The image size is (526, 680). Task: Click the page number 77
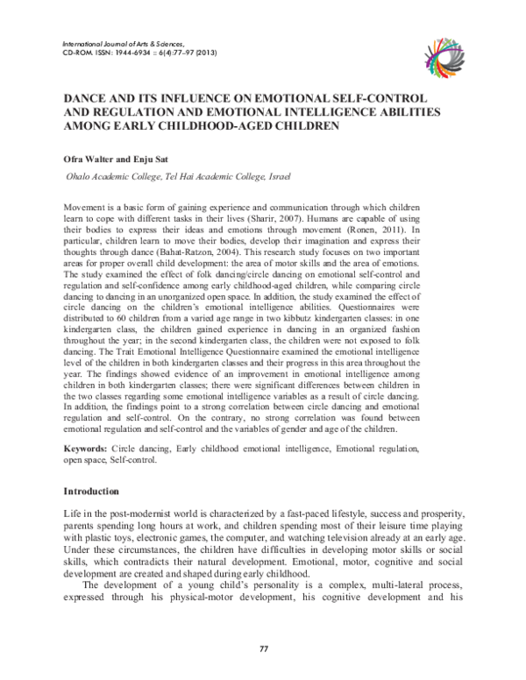point(263,648)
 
